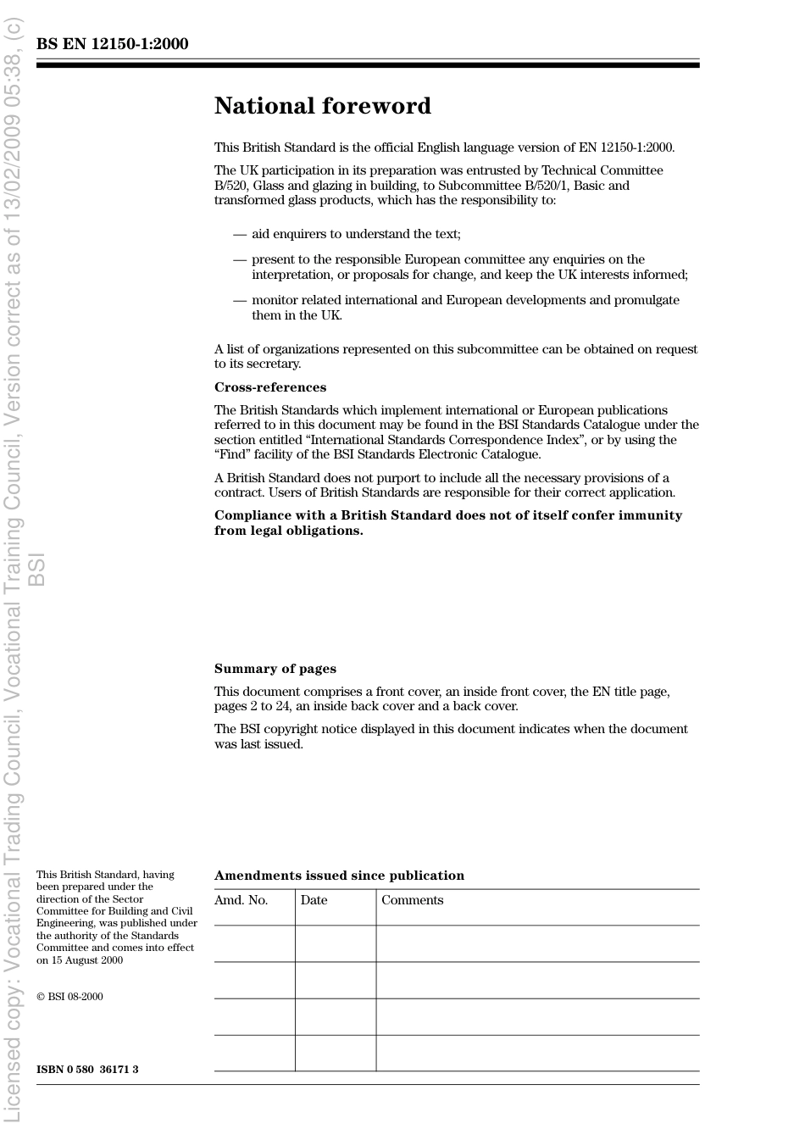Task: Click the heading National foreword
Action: pos(322,106)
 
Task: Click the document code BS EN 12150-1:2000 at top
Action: pos(112,44)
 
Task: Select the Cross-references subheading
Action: pos(269,387)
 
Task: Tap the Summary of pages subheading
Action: pos(275,669)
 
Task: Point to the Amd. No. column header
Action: pos(241,900)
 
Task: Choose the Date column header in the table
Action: pos(314,900)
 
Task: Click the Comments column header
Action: pos(412,900)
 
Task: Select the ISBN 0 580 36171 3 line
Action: pos(87,1069)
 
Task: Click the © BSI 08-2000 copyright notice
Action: pos(69,997)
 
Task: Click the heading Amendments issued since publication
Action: pos(339,876)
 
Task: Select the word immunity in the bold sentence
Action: pos(653,515)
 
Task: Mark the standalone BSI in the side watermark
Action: pos(36,570)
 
